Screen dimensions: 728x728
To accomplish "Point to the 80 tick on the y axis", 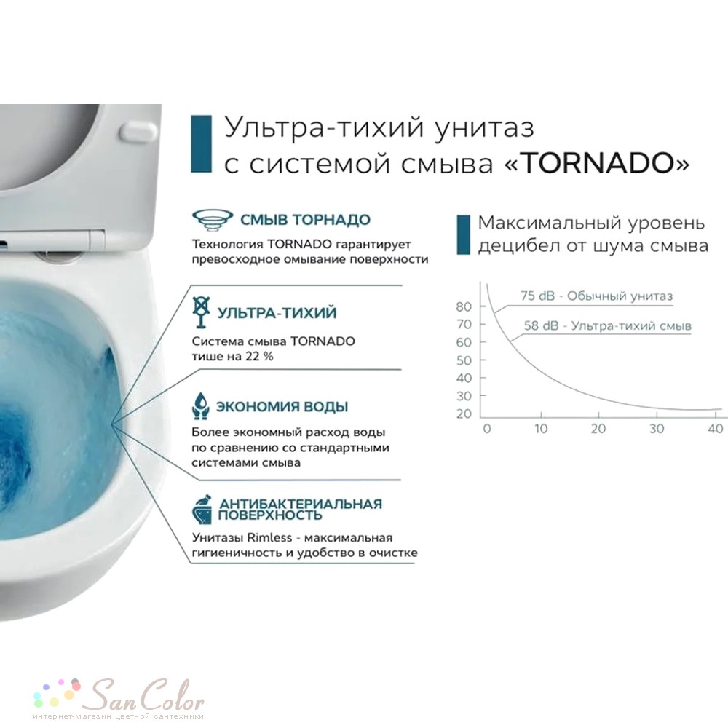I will (465, 306).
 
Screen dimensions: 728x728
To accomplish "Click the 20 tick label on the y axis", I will (465, 414).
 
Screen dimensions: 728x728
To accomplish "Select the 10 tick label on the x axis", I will (541, 428).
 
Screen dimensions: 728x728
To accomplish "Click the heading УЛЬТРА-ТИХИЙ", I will (277, 313).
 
